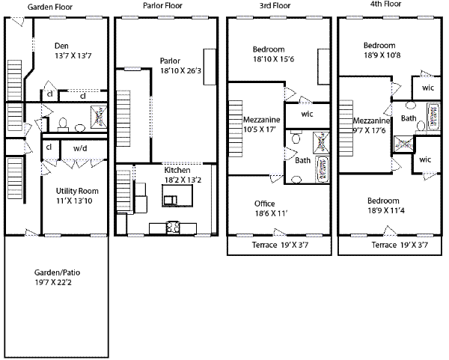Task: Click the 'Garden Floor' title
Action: click(x=50, y=7)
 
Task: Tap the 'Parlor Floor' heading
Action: click(x=162, y=5)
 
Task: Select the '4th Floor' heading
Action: click(x=385, y=4)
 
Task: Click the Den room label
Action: click(x=61, y=46)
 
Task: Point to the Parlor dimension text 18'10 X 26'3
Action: click(x=180, y=71)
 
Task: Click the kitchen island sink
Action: click(x=170, y=200)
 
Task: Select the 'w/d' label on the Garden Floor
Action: click(x=80, y=148)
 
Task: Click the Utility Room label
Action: click(x=77, y=191)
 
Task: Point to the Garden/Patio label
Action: click(x=58, y=272)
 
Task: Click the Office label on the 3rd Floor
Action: click(x=265, y=204)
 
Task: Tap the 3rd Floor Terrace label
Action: click(x=265, y=245)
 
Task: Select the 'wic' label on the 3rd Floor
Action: click(x=307, y=114)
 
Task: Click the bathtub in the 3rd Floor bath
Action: click(x=322, y=169)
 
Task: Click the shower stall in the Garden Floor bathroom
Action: click(x=99, y=117)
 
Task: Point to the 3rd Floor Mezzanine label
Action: click(x=261, y=120)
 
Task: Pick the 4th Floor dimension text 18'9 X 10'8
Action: click(x=382, y=55)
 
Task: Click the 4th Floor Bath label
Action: click(x=409, y=118)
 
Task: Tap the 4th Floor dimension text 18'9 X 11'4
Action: click(x=386, y=211)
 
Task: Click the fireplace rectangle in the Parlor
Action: click(x=210, y=67)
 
